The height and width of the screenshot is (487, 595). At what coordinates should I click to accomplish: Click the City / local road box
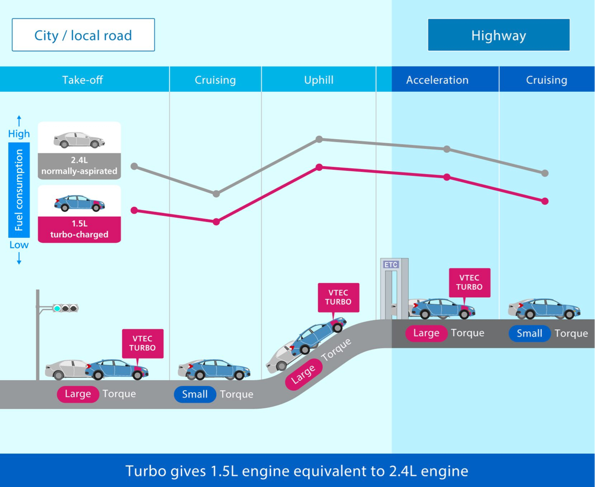[83, 35]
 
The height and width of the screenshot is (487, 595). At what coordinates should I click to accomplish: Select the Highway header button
[499, 35]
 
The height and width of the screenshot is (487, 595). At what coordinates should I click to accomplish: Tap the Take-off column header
[83, 80]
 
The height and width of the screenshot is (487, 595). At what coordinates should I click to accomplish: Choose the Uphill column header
[319, 80]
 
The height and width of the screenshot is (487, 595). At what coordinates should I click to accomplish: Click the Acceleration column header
[437, 80]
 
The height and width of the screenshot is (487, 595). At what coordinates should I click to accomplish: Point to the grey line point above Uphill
[319, 139]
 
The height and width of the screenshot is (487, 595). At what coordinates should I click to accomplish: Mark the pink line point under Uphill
[319, 167]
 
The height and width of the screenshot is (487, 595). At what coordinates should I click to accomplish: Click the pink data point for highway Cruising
[545, 201]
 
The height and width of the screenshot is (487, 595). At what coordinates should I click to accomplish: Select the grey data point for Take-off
[134, 166]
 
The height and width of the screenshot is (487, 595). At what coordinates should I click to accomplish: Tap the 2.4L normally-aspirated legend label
[79, 166]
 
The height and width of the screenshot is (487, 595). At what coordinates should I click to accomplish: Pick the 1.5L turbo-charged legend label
[79, 229]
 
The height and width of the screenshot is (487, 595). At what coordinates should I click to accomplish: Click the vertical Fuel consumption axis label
[19, 190]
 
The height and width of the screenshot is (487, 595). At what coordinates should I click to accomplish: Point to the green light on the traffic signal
[57, 308]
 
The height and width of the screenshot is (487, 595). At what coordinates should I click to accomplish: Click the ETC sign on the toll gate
[391, 264]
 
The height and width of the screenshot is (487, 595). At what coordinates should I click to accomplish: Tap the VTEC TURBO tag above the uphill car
[338, 297]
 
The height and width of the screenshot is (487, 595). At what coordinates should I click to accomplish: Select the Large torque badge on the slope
[303, 374]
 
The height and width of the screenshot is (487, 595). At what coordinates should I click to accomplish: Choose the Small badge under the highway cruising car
[529, 333]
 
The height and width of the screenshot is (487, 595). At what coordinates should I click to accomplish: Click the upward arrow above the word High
[19, 121]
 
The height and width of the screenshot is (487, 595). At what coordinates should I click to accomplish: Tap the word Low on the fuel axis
[19, 245]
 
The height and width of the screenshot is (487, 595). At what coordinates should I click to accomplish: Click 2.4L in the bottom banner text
[403, 471]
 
